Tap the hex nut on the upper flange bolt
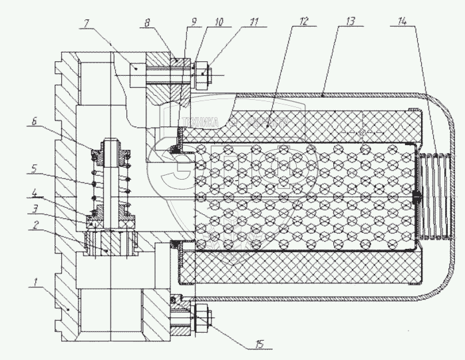pyautogui.click(x=203, y=73)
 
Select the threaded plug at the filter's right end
pyautogui.click(x=436, y=197)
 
